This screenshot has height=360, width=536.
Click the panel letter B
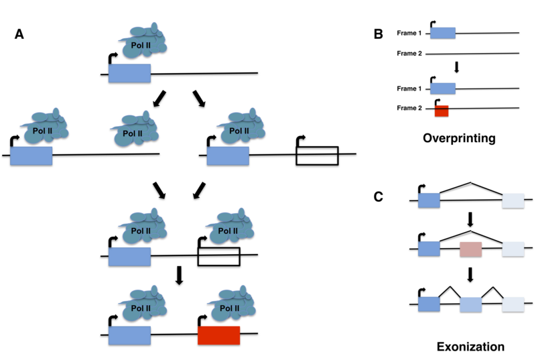(379, 33)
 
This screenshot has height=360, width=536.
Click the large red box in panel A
(218, 335)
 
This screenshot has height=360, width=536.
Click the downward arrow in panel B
(456, 68)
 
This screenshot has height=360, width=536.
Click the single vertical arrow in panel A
(179, 276)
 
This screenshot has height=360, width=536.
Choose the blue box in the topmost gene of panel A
(129, 73)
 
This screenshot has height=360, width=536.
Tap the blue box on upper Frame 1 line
(442, 33)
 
